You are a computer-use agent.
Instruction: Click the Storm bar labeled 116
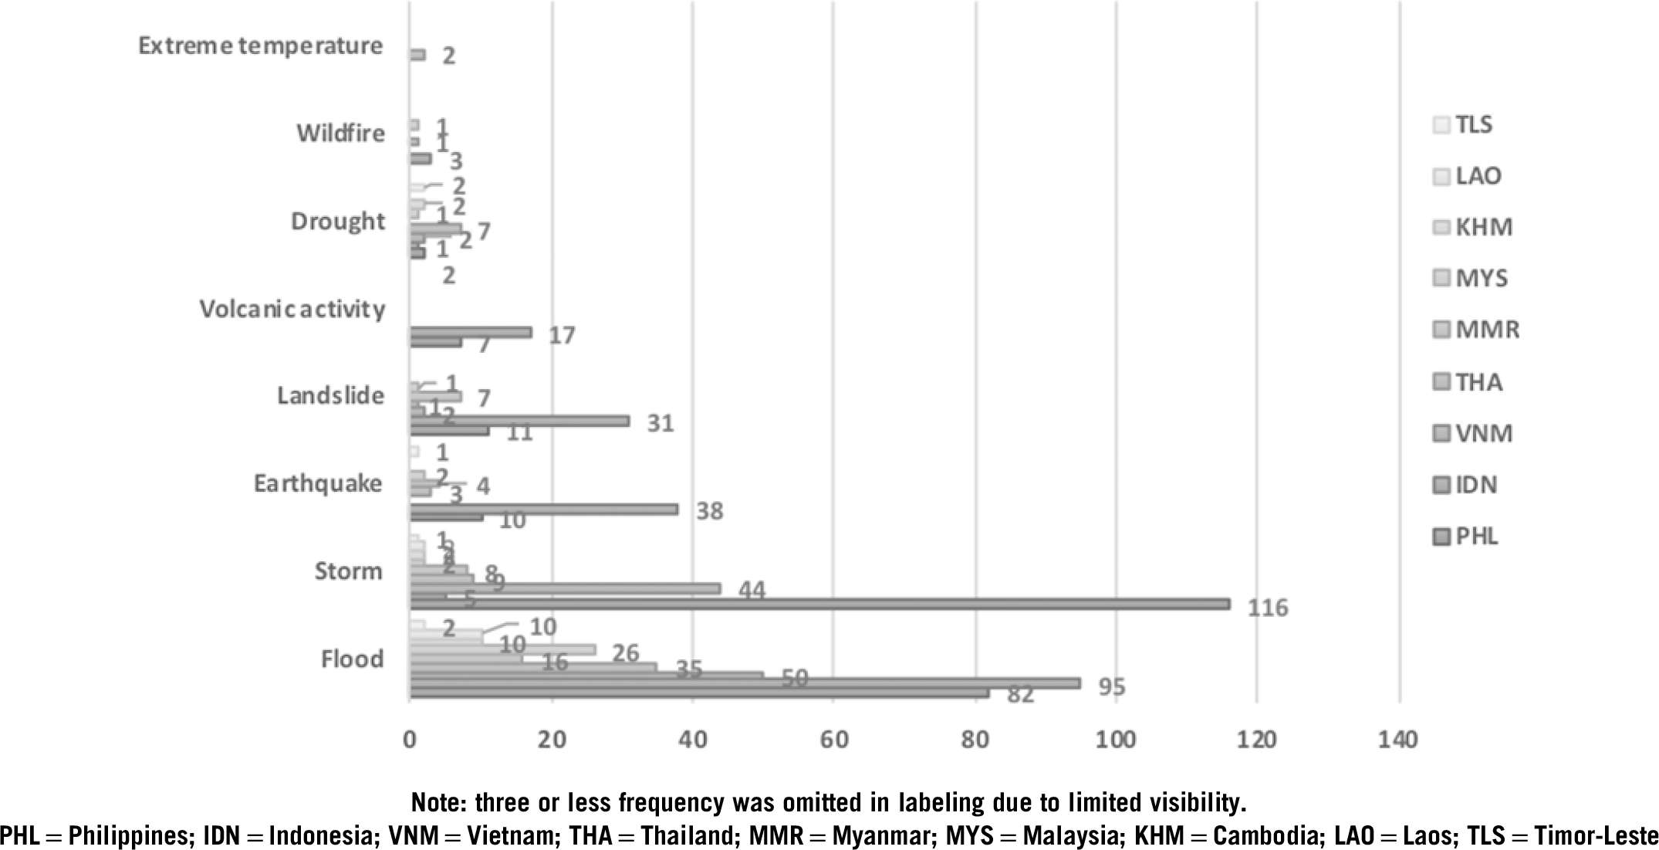[818, 604]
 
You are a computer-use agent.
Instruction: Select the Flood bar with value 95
[745, 683]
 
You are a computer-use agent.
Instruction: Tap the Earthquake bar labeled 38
[543, 509]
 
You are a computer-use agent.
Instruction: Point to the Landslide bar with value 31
[519, 421]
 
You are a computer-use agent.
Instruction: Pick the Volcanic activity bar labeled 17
[470, 332]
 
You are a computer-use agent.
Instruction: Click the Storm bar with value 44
[564, 588]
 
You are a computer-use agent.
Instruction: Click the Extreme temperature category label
[260, 46]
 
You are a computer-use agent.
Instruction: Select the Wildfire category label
[340, 134]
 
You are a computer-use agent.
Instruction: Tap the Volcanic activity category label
[292, 309]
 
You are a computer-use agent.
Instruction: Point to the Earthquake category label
[318, 484]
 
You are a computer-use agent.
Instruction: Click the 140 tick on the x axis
[1398, 740]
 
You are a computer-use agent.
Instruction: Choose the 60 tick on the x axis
[833, 740]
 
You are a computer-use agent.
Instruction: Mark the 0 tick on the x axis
[409, 740]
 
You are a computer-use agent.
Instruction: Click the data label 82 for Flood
[1020, 696]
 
